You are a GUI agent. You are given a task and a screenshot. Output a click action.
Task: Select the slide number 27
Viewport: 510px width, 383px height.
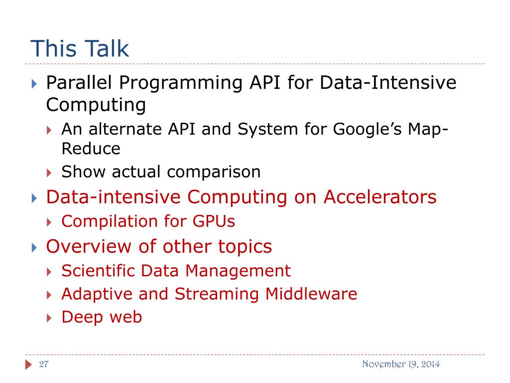[44, 364]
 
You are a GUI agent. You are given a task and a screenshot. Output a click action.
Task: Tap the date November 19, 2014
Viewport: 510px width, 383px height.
[401, 364]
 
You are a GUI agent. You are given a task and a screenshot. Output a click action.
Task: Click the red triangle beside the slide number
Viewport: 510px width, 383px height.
[28, 365]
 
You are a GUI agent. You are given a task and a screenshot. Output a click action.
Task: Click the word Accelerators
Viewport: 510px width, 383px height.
[380, 197]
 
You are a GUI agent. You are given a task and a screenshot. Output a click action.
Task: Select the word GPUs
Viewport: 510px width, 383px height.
[214, 221]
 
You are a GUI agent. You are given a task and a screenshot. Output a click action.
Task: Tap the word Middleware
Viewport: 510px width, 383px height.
[311, 294]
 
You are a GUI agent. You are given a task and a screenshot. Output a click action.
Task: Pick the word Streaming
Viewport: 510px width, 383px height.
[217, 294]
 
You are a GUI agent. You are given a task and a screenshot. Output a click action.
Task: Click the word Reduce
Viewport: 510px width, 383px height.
[91, 149]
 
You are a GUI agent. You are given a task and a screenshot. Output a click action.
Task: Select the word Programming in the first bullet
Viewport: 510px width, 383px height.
[180, 83]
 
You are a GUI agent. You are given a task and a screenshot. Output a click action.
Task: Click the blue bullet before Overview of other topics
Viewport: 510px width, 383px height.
[34, 248]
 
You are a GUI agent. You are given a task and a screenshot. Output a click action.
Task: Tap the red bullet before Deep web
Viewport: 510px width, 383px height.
[49, 318]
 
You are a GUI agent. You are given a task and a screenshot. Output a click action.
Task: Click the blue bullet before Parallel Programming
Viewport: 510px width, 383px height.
[34, 84]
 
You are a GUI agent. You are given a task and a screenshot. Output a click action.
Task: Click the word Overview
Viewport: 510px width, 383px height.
[89, 246]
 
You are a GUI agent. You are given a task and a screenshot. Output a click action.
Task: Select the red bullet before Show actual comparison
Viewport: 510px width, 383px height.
[49, 173]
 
